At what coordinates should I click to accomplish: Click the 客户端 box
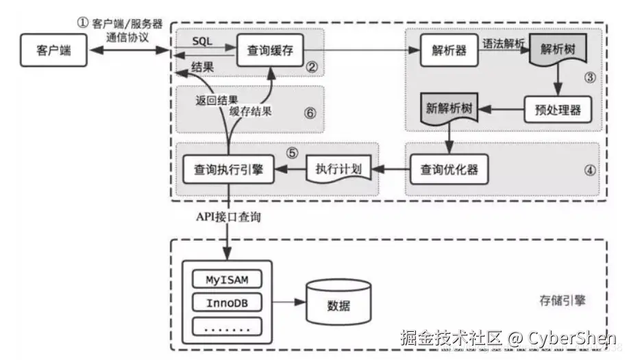coord(53,50)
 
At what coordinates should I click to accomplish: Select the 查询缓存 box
coord(270,50)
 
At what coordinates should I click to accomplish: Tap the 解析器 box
coord(449,50)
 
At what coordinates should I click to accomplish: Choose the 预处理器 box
coord(558,110)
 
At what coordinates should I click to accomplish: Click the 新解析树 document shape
coord(449,108)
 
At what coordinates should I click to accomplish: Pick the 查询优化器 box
coord(449,169)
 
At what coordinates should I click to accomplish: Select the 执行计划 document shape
coord(339,169)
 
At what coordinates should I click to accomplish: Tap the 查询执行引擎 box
coord(229,169)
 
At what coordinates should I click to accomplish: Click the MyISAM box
coord(227,279)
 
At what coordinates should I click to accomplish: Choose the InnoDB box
coord(227,302)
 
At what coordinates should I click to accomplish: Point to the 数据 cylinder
coord(338,302)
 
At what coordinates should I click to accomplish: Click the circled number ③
coord(590,77)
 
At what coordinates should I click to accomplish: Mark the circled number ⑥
coord(310,113)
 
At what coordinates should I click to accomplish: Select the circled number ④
coord(590,171)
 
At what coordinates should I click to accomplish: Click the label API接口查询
coord(228,217)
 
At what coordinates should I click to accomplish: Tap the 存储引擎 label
coord(563,300)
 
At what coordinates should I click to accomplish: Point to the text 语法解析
coord(504,43)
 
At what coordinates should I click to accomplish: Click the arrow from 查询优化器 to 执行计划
coord(391,169)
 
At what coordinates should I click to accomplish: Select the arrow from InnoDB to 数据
coord(289,302)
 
